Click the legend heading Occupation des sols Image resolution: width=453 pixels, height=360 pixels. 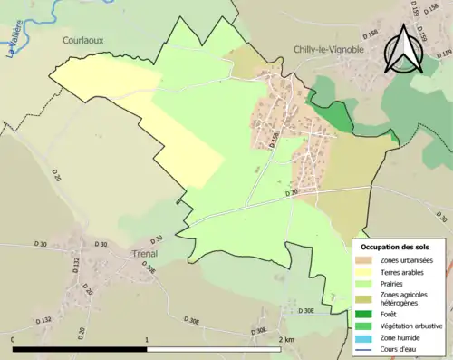[x=395, y=247]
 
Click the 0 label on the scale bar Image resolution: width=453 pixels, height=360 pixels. [x=14, y=340]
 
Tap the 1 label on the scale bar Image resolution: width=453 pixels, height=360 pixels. [x=147, y=340]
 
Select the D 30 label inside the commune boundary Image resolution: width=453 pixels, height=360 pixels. [x=291, y=192]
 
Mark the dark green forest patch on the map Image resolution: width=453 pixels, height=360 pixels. [x=334, y=115]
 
